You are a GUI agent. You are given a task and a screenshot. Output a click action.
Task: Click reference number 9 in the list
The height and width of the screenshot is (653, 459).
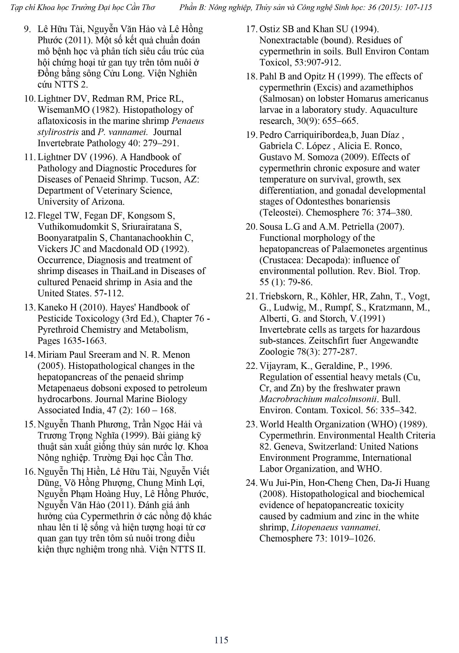27,29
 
